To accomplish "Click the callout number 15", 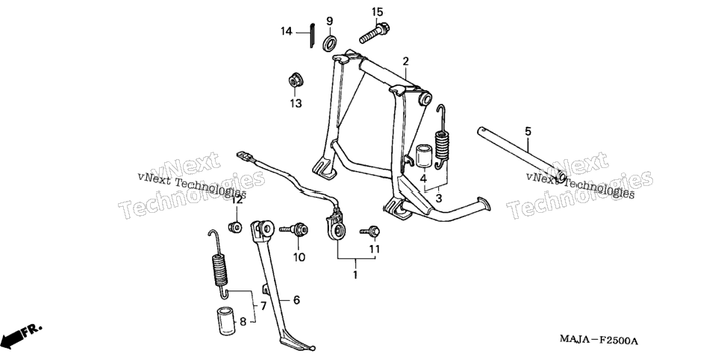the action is (x=377, y=12).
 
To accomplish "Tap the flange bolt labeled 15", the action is (x=374, y=33).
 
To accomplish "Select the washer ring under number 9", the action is (x=330, y=42).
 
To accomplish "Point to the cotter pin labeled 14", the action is (x=311, y=34).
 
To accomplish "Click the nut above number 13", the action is (x=295, y=81).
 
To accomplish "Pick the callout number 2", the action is (x=405, y=61).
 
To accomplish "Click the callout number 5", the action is (x=528, y=131).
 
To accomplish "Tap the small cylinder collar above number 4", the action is (x=424, y=157).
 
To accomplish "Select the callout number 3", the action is (x=438, y=199).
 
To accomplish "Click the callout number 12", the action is (x=237, y=200).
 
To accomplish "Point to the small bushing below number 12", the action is (x=235, y=226).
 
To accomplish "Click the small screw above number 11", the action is (x=370, y=232).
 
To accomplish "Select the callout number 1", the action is (x=355, y=275).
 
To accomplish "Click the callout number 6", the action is (x=296, y=300).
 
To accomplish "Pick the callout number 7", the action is (x=263, y=305).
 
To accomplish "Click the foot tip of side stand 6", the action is (x=313, y=347).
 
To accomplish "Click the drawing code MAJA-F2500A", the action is (x=599, y=340).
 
